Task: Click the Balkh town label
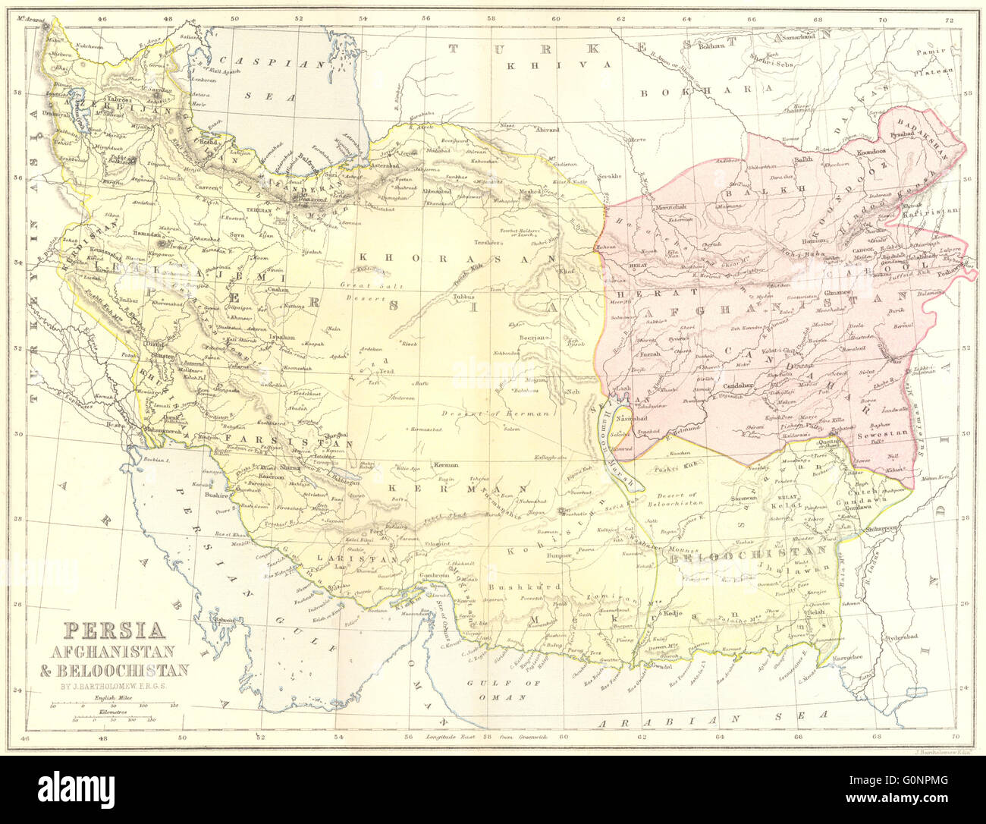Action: pos(802,160)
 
